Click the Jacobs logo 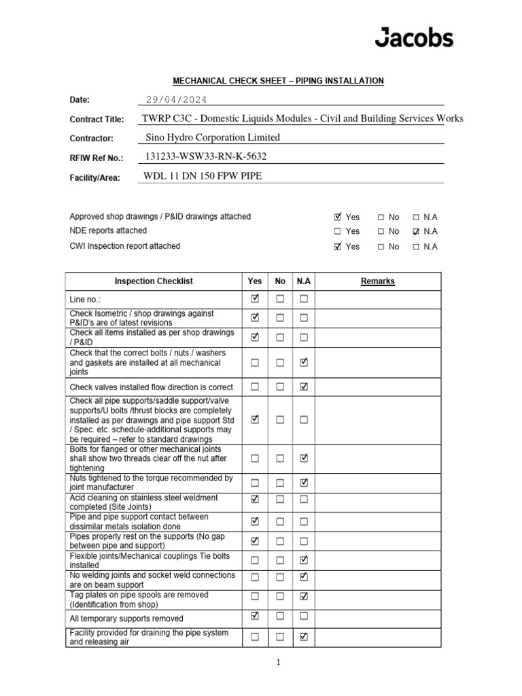pyautogui.click(x=413, y=37)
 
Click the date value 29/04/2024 pyautogui.click(x=177, y=100)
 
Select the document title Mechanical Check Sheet pyautogui.click(x=277, y=81)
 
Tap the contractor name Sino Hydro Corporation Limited pyautogui.click(x=213, y=137)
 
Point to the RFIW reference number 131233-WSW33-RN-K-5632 pyautogui.click(x=207, y=156)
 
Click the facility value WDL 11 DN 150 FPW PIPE pyautogui.click(x=203, y=176)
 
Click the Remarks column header pyautogui.click(x=377, y=281)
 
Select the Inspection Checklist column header pyautogui.click(x=153, y=281)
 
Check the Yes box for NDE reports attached pyautogui.click(x=338, y=232)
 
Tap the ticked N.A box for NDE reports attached pyautogui.click(x=416, y=232)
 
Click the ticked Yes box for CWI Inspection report pyautogui.click(x=338, y=247)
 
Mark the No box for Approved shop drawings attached pyautogui.click(x=381, y=217)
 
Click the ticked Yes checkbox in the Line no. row pyautogui.click(x=255, y=298)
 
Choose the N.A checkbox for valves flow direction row pyautogui.click(x=304, y=387)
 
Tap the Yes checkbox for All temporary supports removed pyautogui.click(x=255, y=617)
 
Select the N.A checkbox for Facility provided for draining pyautogui.click(x=304, y=638)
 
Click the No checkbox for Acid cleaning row pyautogui.click(x=279, y=500)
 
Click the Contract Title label pyautogui.click(x=97, y=120)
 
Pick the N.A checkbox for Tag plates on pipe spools pyautogui.click(x=304, y=597)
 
